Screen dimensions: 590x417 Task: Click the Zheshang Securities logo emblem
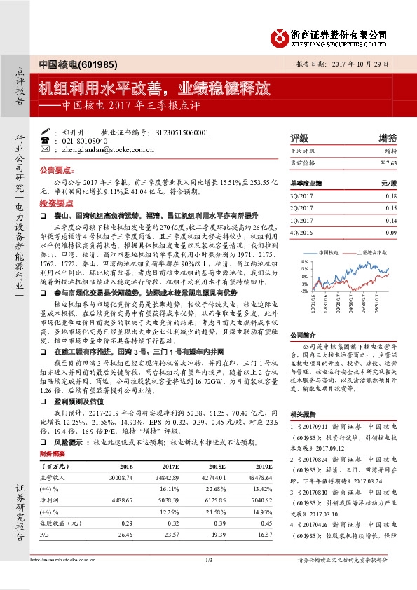click(x=281, y=35)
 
